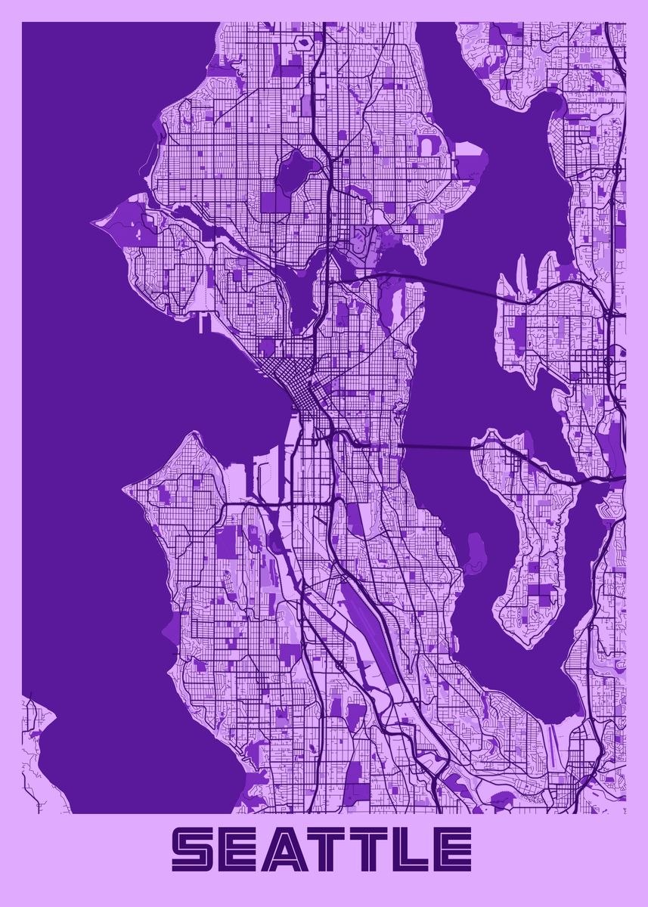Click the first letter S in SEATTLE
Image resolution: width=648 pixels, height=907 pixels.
click(196, 848)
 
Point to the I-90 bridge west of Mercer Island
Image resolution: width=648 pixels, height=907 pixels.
click(435, 447)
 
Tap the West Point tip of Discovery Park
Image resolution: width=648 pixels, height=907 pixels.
click(96, 223)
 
